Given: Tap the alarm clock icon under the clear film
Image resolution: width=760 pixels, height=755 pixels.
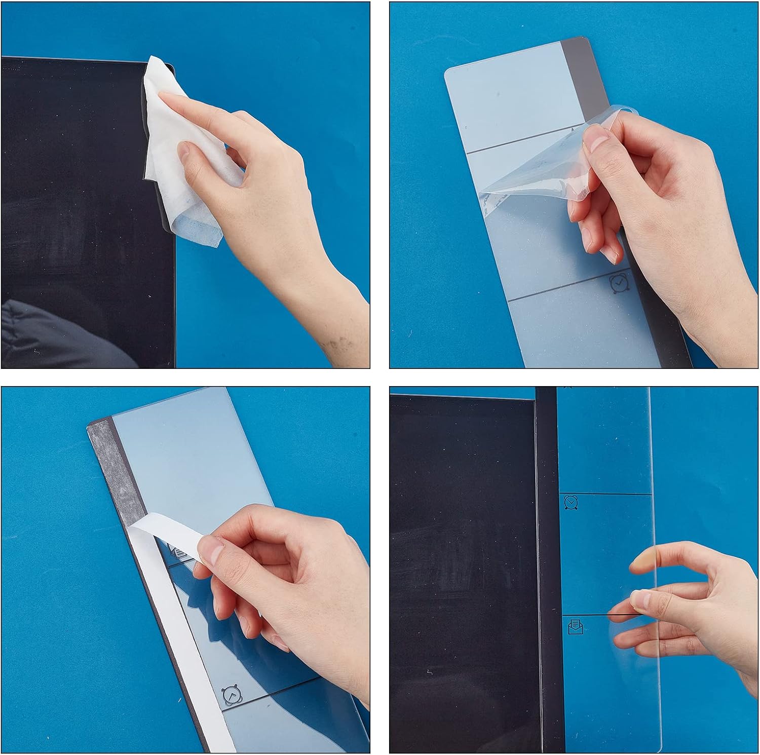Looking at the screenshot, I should (620, 284).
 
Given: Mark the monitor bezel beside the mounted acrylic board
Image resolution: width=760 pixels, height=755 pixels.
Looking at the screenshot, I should (546, 557).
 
